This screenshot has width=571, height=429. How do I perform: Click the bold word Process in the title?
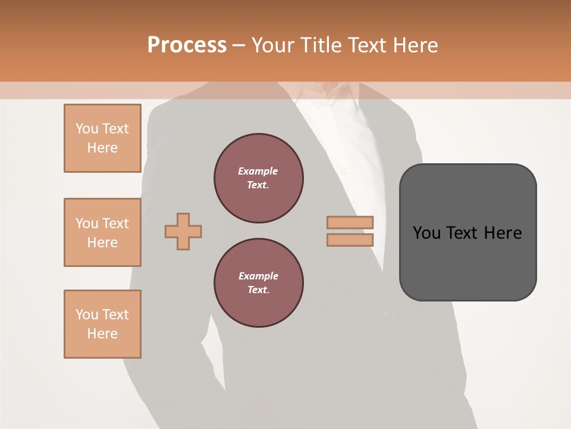[x=187, y=45]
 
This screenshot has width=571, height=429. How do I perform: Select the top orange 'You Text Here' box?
[x=102, y=138]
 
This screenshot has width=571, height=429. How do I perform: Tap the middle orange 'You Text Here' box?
[x=102, y=232]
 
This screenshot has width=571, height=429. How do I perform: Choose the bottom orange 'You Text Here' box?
[x=102, y=324]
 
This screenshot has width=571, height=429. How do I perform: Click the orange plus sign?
[x=183, y=231]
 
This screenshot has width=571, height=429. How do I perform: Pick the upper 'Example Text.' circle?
[x=258, y=178]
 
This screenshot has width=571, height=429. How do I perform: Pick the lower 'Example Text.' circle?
[x=258, y=283]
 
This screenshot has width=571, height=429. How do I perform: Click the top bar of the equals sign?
[x=350, y=222]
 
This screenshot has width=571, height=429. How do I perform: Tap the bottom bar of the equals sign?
[x=350, y=240]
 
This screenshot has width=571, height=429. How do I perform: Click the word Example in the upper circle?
[x=258, y=172]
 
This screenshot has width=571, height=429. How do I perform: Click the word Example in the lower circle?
[x=258, y=276]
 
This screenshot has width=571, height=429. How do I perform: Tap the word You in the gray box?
[x=426, y=233]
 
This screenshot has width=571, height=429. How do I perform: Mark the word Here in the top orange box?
[x=102, y=148]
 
